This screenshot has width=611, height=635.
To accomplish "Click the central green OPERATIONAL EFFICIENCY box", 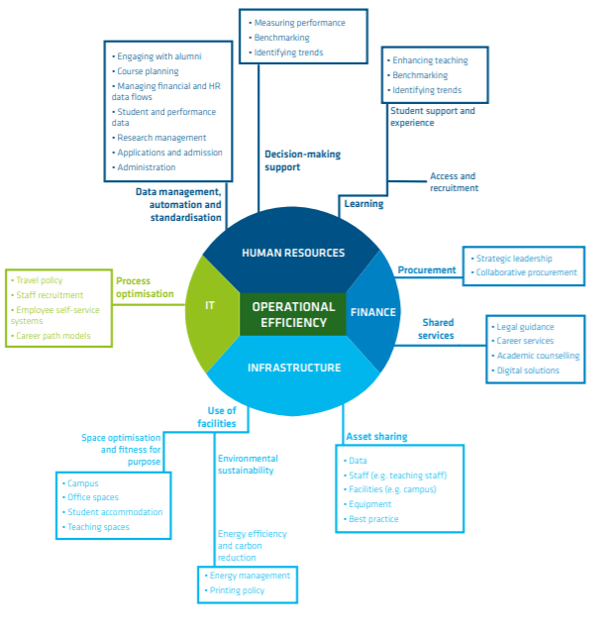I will click(x=293, y=314).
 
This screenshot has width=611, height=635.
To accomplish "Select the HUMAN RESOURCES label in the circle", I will click(x=293, y=253).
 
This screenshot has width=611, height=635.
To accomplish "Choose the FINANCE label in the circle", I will click(x=372, y=312).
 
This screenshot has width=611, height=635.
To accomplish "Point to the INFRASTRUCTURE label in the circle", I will click(x=293, y=368).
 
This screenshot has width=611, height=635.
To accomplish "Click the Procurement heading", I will click(x=427, y=270).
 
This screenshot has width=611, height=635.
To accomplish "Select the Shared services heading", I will click(x=438, y=329).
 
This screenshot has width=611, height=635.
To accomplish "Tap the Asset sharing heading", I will click(x=376, y=437).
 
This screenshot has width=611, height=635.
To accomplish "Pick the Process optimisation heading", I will click(x=146, y=287).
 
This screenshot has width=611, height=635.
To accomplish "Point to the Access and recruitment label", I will click(x=453, y=182).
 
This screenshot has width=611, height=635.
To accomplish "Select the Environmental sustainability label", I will click(x=248, y=465).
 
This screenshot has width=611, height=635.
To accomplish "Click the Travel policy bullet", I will click(x=40, y=280).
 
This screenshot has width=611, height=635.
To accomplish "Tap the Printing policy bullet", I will click(x=237, y=590).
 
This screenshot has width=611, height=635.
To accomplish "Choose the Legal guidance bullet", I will click(x=526, y=327).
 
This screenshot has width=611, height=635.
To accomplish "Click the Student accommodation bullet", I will click(x=115, y=512).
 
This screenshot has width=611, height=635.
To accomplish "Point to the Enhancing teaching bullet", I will click(x=430, y=60).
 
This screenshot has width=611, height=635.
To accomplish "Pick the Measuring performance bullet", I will click(x=299, y=23).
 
